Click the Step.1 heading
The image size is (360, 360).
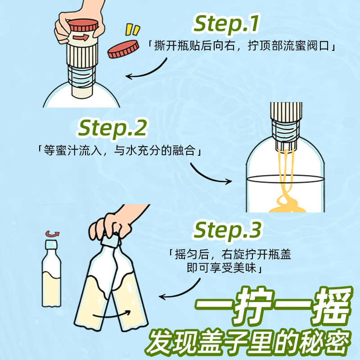(x=226, y=25)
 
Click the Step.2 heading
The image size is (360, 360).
(x=112, y=129)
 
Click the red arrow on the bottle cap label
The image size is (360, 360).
(x=82, y=37)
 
